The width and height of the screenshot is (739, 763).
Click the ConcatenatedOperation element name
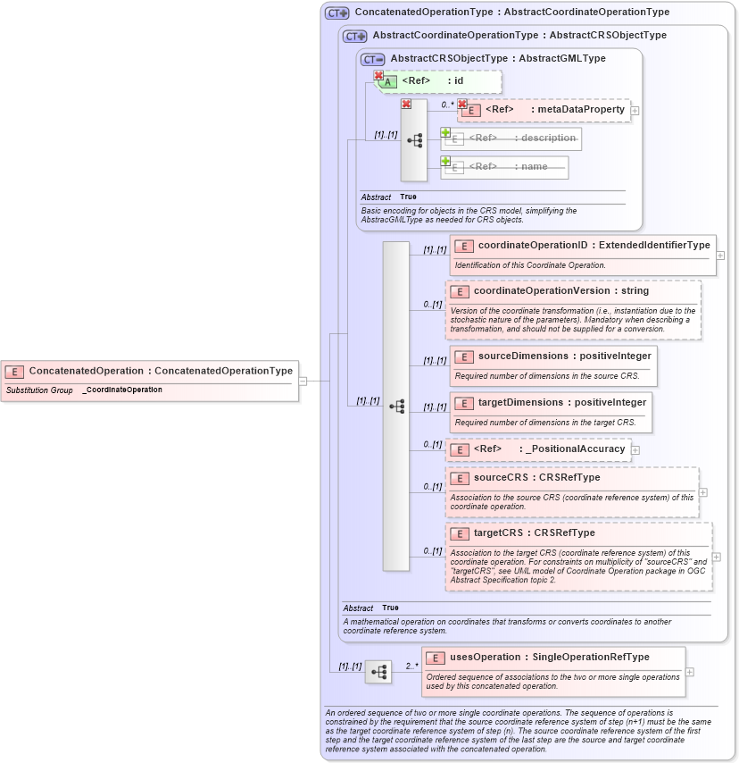pyautogui.click(x=86, y=371)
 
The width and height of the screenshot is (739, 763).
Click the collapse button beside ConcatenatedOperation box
pyautogui.click(x=303, y=381)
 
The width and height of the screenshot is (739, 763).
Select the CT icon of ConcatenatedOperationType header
pyautogui.click(x=336, y=13)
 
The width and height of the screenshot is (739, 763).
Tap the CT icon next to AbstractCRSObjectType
pyautogui.click(x=372, y=59)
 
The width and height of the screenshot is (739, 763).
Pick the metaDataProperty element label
pyautogui.click(x=580, y=110)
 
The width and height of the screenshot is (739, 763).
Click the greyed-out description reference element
pyautogui.click(x=521, y=138)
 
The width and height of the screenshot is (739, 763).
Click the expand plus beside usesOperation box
pyautogui.click(x=690, y=672)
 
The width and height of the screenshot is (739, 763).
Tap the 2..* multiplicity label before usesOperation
pyautogui.click(x=411, y=665)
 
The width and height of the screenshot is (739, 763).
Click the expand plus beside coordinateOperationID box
pyautogui.click(x=720, y=255)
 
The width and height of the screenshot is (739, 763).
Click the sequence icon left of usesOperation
pyautogui.click(x=378, y=672)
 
